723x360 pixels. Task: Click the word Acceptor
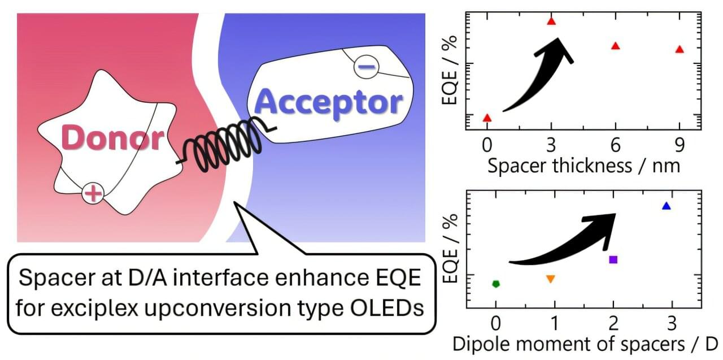point(329,103)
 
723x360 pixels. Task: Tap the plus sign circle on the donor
point(93,194)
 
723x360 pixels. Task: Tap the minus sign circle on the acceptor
point(367,67)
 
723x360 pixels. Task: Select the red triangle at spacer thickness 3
point(551,21)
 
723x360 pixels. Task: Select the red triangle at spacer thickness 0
point(487,118)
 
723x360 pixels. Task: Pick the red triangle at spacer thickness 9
point(680,49)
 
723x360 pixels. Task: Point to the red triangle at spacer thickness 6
point(616,46)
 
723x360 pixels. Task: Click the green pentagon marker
point(496,284)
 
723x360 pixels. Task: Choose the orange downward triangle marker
point(551,279)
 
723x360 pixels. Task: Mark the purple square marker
point(613,259)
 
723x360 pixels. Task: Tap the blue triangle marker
point(667,206)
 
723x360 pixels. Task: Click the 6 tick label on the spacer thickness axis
point(616,145)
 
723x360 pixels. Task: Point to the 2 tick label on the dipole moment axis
point(613,323)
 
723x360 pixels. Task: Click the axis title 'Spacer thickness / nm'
point(583,166)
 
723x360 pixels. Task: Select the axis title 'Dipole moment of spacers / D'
point(585,344)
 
